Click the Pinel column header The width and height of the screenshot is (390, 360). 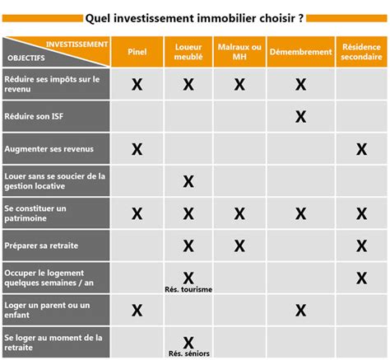click(137, 51)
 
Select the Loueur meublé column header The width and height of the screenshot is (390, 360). click(188, 51)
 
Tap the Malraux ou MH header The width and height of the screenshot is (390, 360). click(239, 51)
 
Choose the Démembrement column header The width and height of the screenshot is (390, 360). click(300, 51)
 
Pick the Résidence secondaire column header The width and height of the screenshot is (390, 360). click(360, 51)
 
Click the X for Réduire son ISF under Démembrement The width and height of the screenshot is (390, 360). click(300, 117)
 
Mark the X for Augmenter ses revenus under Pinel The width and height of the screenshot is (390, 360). click(137, 149)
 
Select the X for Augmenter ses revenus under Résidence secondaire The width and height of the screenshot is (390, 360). click(360, 149)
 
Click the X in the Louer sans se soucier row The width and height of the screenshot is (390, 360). click(188, 181)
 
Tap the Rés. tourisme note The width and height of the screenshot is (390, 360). click(188, 290)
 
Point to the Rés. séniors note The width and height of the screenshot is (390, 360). click(188, 354)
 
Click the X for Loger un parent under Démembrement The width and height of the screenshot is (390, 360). click(300, 311)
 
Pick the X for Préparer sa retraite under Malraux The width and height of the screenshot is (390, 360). click(239, 245)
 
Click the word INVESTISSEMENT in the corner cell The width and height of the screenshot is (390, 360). click(77, 44)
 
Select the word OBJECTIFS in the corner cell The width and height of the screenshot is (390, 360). click(26, 58)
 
